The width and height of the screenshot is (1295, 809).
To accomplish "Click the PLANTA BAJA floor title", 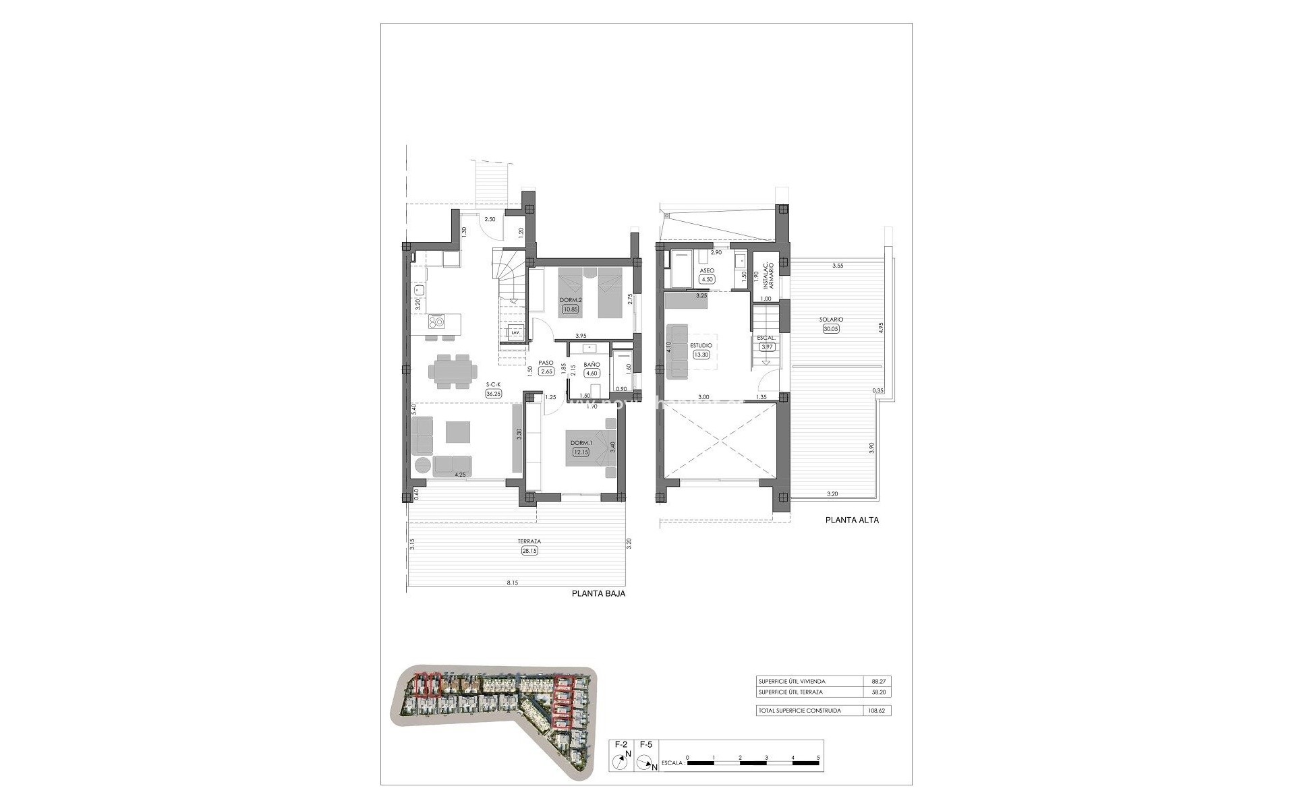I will coord(598,594).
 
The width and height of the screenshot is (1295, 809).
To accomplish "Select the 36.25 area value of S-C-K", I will coord(492,394).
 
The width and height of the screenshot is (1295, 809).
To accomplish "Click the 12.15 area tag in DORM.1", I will coord(580,452).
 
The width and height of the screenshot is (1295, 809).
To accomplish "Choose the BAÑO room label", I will coord(592,364).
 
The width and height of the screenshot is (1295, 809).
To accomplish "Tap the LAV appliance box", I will coord(515,332).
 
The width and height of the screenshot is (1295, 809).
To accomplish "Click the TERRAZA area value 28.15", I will coord(529,551).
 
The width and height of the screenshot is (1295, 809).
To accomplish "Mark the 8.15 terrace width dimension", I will coord(516,583).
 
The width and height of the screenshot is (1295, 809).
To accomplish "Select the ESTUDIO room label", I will coord(701,345).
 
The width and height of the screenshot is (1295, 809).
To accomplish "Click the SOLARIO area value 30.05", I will coord(832,329).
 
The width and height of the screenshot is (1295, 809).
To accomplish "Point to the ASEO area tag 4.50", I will coord(707,279).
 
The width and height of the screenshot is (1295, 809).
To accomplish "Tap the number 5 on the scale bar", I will coord(818,758).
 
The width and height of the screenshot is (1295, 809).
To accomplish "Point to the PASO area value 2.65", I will coord(546,371).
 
